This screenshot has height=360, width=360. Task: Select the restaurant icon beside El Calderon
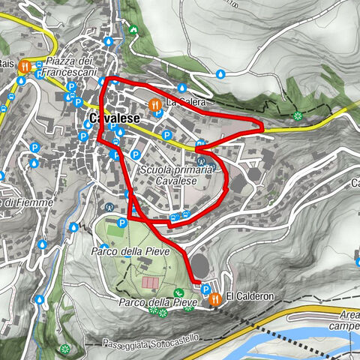216,298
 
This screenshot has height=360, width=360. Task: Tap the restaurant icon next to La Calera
154,105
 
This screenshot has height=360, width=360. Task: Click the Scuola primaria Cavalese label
169,175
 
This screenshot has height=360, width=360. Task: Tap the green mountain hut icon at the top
133,30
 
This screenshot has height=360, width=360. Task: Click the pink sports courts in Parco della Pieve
150,284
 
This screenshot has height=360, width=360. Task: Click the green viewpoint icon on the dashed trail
298,115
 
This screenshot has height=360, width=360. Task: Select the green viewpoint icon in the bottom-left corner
65,349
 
